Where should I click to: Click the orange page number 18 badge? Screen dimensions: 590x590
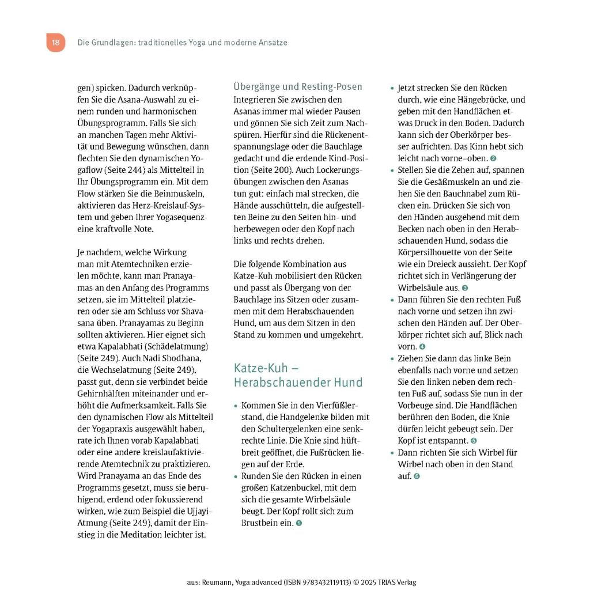tap(55, 43)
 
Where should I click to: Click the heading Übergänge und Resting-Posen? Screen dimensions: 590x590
tap(297, 86)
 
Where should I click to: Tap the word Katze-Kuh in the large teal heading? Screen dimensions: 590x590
tap(258, 368)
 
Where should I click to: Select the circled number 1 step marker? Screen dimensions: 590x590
tap(298, 523)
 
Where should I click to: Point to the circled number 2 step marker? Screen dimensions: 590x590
tap(493, 158)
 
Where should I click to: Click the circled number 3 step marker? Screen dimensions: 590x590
tap(465, 288)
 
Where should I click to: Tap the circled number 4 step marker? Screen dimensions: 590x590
tap(422, 347)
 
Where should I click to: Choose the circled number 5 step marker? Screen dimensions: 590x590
tap(474, 441)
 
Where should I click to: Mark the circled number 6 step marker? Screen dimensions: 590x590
tap(417, 476)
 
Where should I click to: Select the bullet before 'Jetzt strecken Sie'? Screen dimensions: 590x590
tap(392, 89)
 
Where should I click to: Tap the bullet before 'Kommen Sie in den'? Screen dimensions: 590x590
tap(236, 406)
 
